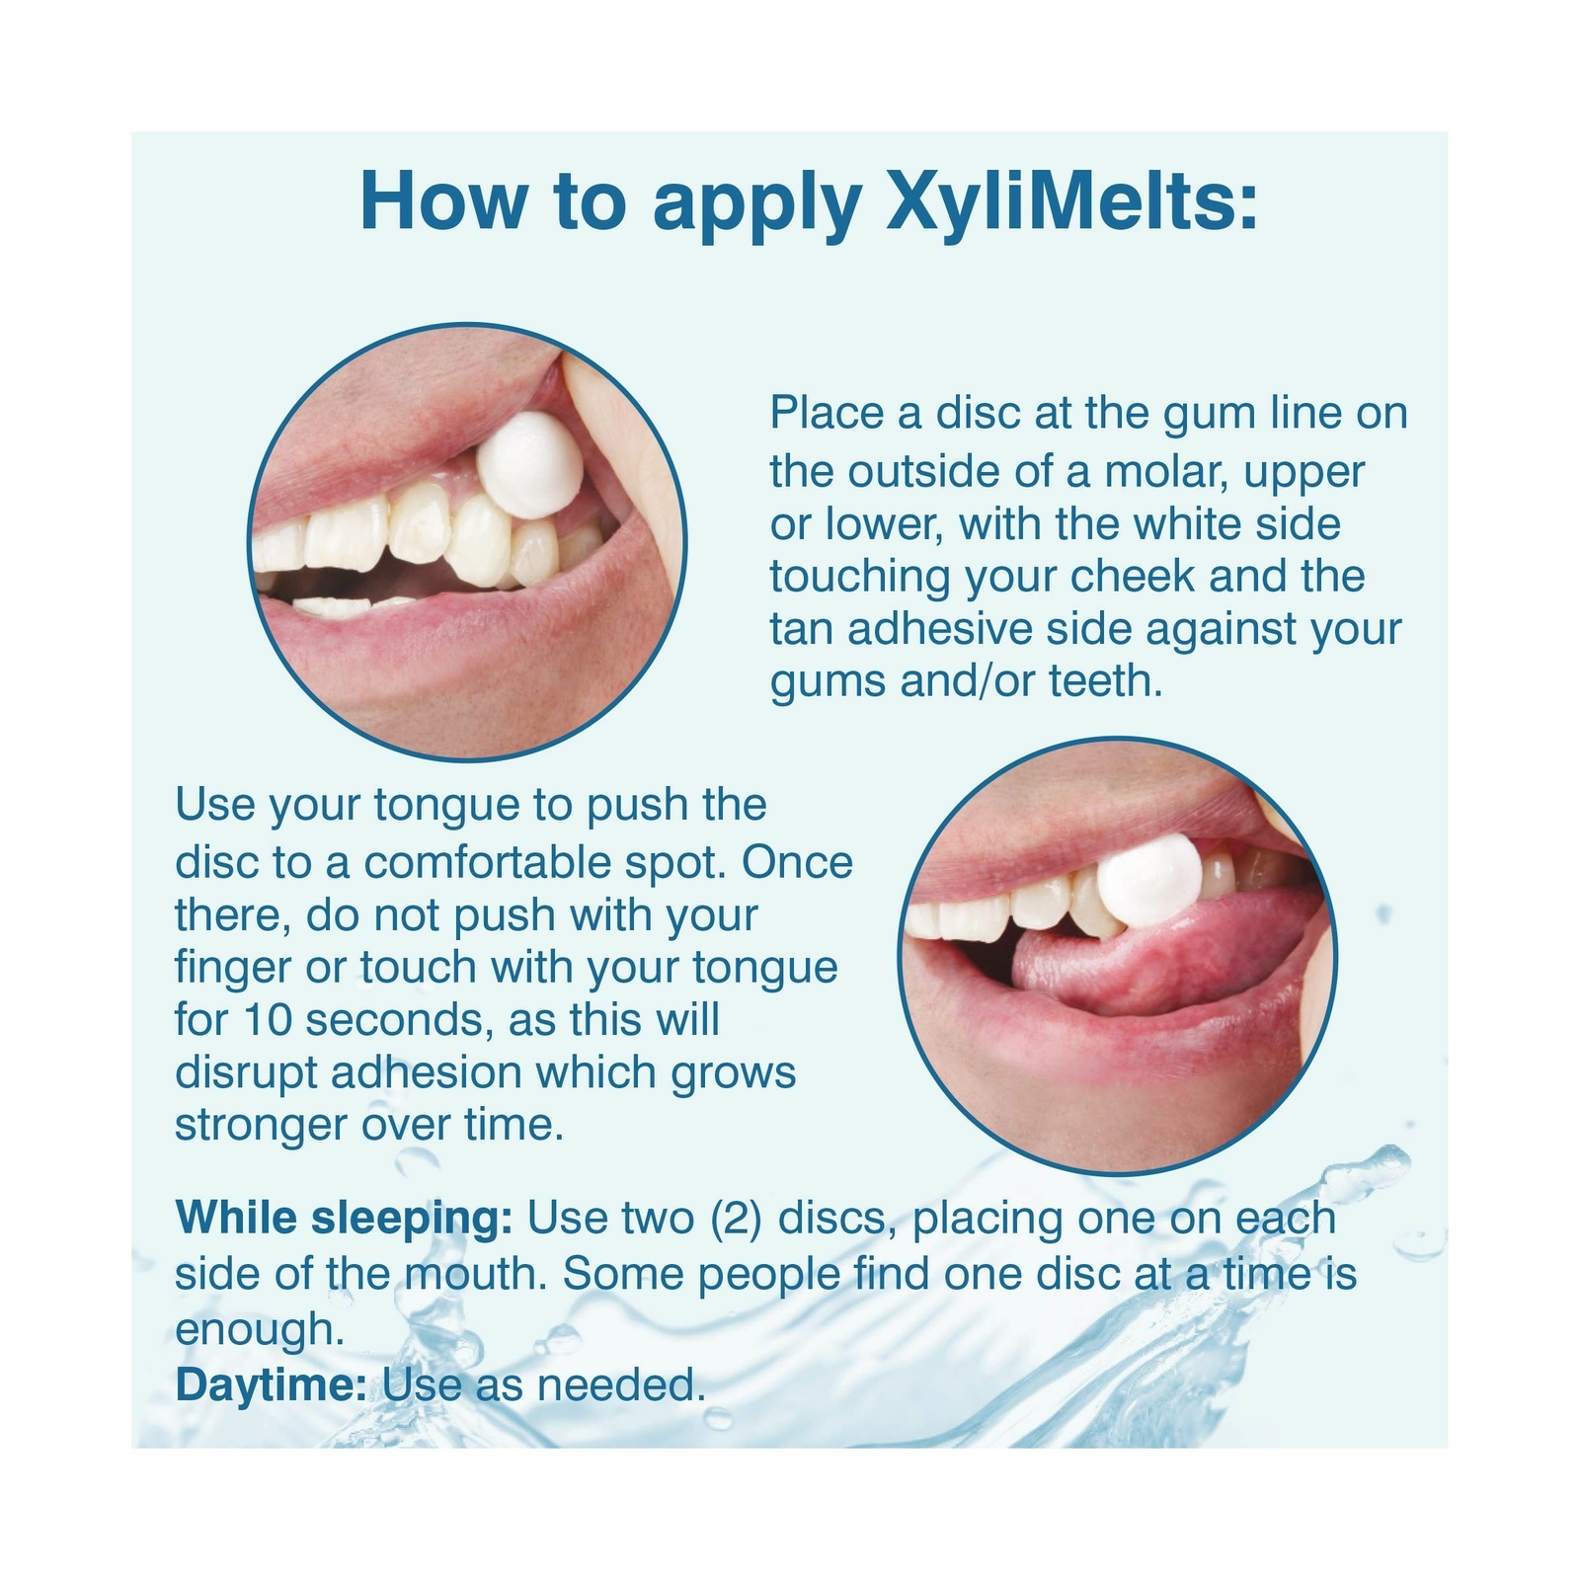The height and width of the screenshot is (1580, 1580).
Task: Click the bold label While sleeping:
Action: pyautogui.click(x=344, y=1220)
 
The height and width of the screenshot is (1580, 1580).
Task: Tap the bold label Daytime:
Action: pyautogui.click(x=272, y=1385)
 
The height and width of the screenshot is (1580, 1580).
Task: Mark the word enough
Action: pyautogui.click(x=260, y=1330)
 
